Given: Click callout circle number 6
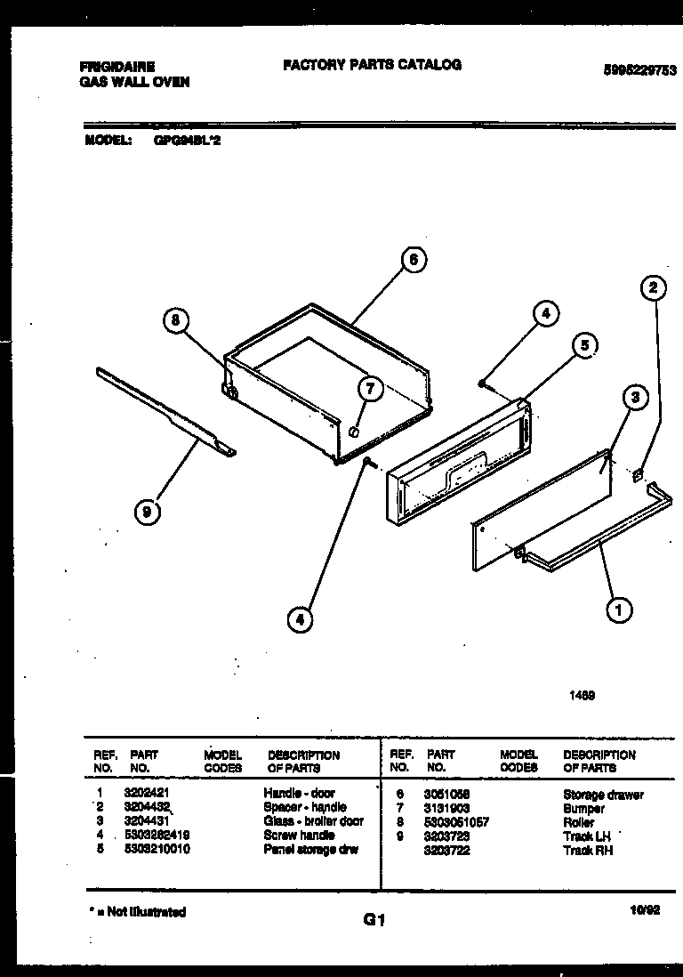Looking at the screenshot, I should point(412,260).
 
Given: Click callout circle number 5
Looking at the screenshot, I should point(583,345).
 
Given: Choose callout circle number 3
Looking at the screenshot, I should point(634,398).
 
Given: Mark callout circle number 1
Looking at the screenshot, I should point(618,610).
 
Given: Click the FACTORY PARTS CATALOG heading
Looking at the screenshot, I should point(372,65).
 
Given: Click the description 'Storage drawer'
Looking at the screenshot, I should point(603,795).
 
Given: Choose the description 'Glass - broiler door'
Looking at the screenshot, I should point(313,821).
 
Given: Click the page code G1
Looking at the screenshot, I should point(374,921).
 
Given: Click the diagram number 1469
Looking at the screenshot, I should point(582,697).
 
